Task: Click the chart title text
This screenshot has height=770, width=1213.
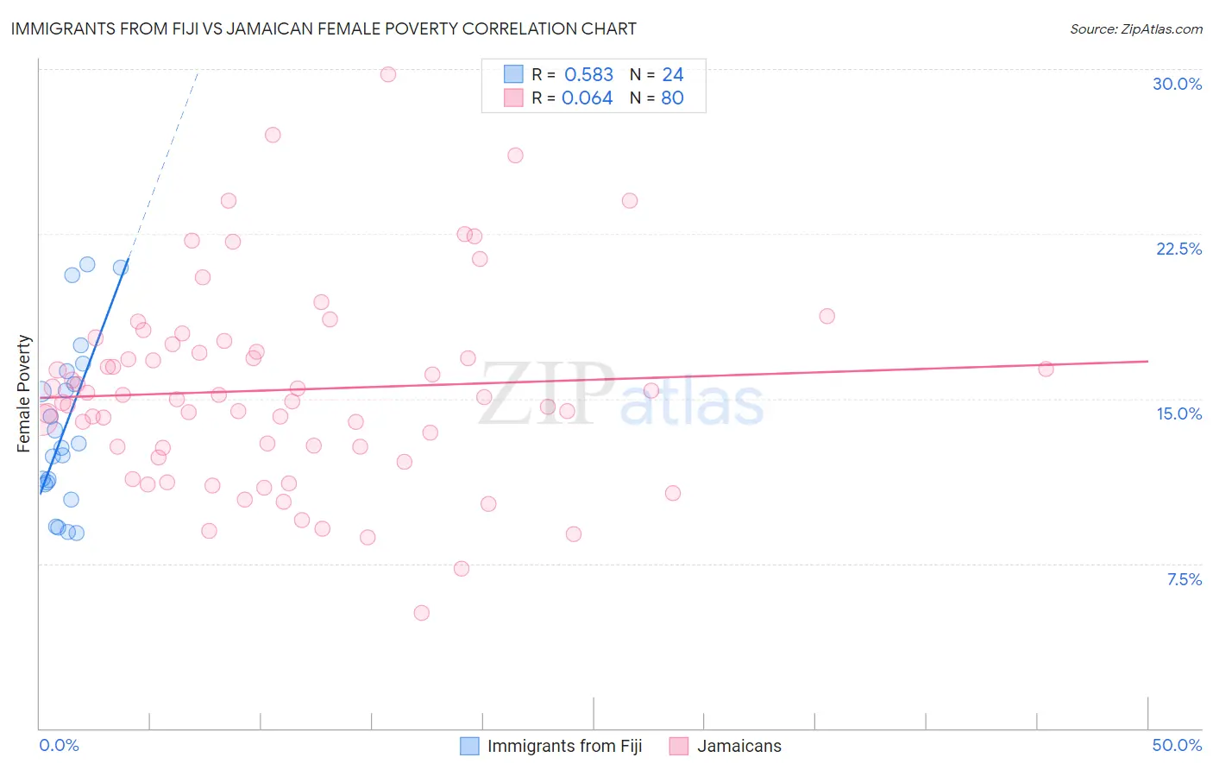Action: (x=324, y=28)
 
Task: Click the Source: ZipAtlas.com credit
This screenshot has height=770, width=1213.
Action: (x=1135, y=29)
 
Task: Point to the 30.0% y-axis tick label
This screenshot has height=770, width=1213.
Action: (x=1177, y=84)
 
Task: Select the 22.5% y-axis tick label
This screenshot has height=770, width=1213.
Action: (x=1178, y=249)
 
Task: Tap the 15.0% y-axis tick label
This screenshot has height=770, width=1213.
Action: (x=1178, y=413)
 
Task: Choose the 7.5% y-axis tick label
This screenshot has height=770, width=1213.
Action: (x=1184, y=579)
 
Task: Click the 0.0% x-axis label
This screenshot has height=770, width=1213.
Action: (x=59, y=745)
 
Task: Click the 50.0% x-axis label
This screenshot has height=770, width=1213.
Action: (x=1177, y=745)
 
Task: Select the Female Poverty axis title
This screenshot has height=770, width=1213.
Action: (x=24, y=394)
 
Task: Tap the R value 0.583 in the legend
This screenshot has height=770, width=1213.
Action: (x=588, y=75)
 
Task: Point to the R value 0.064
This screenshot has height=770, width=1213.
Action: (x=587, y=98)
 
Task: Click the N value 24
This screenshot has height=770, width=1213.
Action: (x=672, y=75)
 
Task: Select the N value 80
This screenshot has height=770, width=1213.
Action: (x=672, y=98)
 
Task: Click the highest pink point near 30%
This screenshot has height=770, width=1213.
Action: (x=388, y=74)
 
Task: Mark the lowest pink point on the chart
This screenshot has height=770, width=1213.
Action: (x=421, y=613)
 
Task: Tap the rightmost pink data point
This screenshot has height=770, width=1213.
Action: (x=1046, y=369)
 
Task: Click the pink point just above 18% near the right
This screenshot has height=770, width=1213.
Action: (x=826, y=316)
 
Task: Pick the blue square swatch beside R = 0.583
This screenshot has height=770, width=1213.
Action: (x=513, y=74)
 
